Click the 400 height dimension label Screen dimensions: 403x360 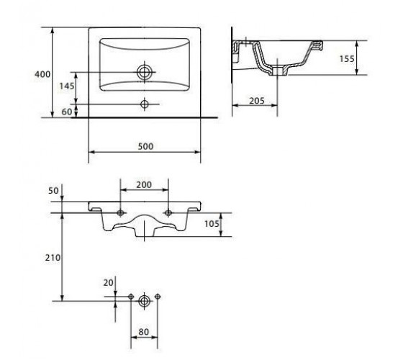coord(42,74)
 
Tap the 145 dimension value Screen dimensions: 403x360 coord(67,86)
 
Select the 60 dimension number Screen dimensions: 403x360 coord(67,112)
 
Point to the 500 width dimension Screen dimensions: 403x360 coord(145,146)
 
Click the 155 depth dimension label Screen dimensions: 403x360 coord(347,59)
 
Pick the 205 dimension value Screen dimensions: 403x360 coord(257,101)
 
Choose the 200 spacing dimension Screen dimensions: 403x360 coord(144,184)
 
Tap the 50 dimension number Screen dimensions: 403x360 coord(53,191)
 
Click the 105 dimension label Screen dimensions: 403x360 coord(212,224)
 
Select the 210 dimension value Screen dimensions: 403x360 coord(53,258)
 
